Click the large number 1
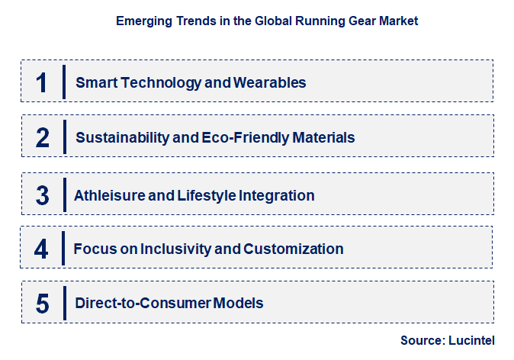click(41, 82)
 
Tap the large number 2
click(43, 138)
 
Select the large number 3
click(43, 196)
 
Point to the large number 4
click(42, 249)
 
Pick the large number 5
click(43, 304)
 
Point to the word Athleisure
click(108, 196)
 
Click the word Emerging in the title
click(140, 21)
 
